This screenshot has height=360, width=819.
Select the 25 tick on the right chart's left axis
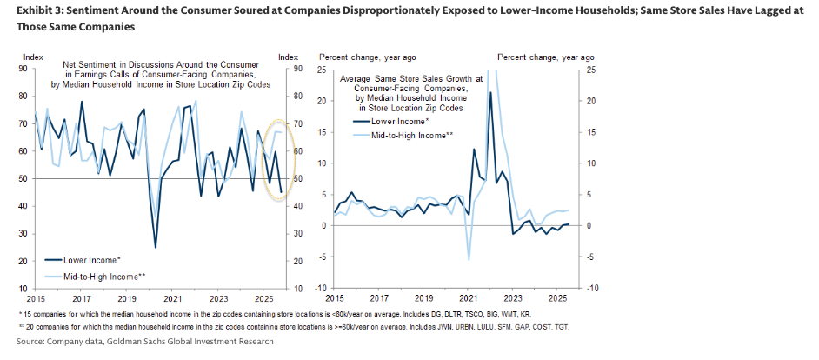point(320,69)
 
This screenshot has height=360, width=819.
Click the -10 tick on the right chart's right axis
point(592,288)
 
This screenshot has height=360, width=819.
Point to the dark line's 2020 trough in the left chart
point(156,247)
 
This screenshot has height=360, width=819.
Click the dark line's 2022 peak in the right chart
point(490,92)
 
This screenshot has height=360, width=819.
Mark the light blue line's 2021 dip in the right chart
point(469,259)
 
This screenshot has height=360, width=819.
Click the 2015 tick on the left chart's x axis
point(35,298)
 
